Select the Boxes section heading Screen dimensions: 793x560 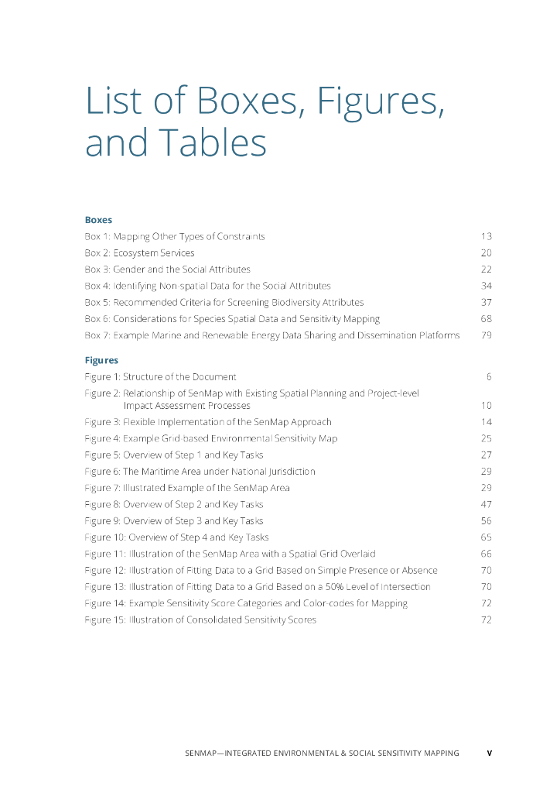pyautogui.click(x=98, y=220)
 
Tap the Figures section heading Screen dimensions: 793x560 pyautogui.click(x=101, y=360)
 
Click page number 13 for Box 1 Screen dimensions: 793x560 pyautogui.click(x=486, y=236)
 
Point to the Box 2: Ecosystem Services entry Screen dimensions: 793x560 pyautogui.click(x=139, y=253)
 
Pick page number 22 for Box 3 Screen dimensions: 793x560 pyautogui.click(x=486, y=269)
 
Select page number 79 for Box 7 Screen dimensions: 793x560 pyautogui.click(x=486, y=335)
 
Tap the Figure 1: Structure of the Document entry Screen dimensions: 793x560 pyautogui.click(x=160, y=377)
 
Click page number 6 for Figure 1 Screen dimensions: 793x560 pyautogui.click(x=489, y=377)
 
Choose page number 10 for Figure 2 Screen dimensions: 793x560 pyautogui.click(x=486, y=405)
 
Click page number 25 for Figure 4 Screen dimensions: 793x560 pyautogui.click(x=486, y=438)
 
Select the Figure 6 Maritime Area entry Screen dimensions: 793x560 pyautogui.click(x=200, y=471)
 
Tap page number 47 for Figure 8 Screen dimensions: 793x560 pyautogui.click(x=486, y=504)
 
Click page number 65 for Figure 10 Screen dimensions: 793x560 pyautogui.click(x=486, y=537)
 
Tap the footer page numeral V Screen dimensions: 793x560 pyautogui.click(x=489, y=753)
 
